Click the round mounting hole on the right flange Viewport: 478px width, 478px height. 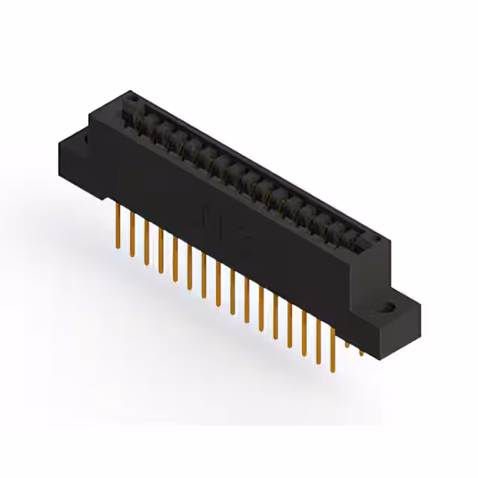389,306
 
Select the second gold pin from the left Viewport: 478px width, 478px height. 132,233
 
